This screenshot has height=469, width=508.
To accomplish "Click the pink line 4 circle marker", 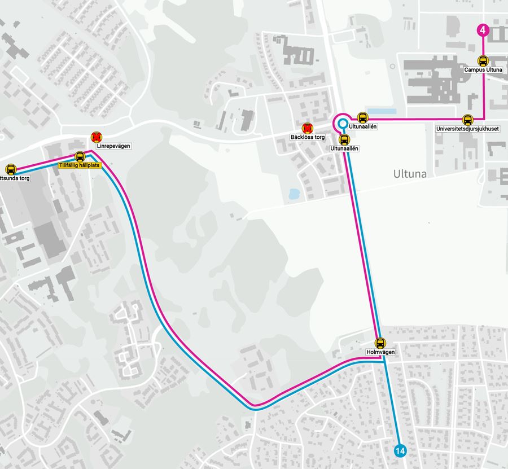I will click(483, 30).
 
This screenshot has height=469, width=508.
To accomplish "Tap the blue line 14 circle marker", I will click(400, 450).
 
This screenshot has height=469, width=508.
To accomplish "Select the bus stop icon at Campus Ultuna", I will click(483, 60).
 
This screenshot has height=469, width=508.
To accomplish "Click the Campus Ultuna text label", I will click(483, 70).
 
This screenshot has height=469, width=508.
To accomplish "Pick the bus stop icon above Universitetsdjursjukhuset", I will click(467, 120).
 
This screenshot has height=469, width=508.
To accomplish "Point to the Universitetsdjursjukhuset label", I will click(467, 129).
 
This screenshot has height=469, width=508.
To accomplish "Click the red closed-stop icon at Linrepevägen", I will click(97, 137).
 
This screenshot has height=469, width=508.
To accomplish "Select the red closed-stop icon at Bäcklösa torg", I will click(307, 128).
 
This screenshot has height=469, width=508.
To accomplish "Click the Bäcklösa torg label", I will click(307, 137).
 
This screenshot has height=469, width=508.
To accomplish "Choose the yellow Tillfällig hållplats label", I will click(80, 165).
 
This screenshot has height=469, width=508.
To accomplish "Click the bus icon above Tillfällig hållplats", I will click(80, 156).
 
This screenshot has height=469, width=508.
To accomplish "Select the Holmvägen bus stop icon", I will click(380, 343).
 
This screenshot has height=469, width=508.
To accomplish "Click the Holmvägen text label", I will click(380, 352).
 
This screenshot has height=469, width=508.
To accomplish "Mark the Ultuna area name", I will click(410, 174).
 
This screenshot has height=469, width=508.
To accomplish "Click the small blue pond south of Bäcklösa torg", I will click(294, 194).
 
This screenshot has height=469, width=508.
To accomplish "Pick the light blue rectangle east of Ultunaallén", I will click(382, 111).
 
